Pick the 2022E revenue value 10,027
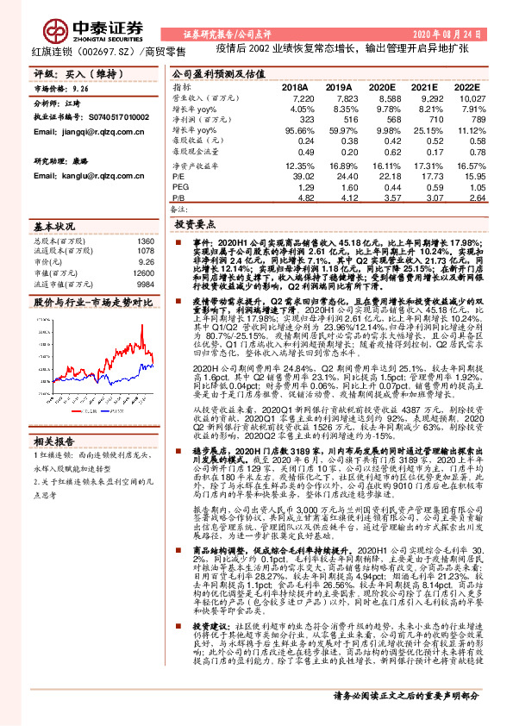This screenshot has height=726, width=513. point(464,100)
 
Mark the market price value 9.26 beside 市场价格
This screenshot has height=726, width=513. point(79,89)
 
